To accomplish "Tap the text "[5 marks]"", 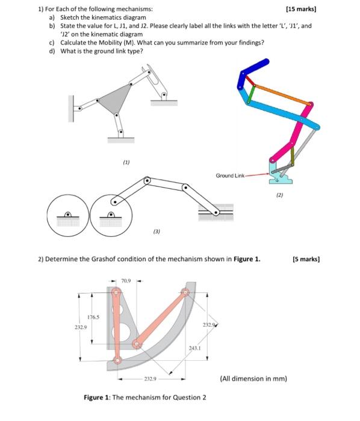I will coord(305,259).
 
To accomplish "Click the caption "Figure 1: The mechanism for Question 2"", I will coord(144,398).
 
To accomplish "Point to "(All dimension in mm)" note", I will coord(253,378).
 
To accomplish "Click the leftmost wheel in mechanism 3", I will coord(68,215).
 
